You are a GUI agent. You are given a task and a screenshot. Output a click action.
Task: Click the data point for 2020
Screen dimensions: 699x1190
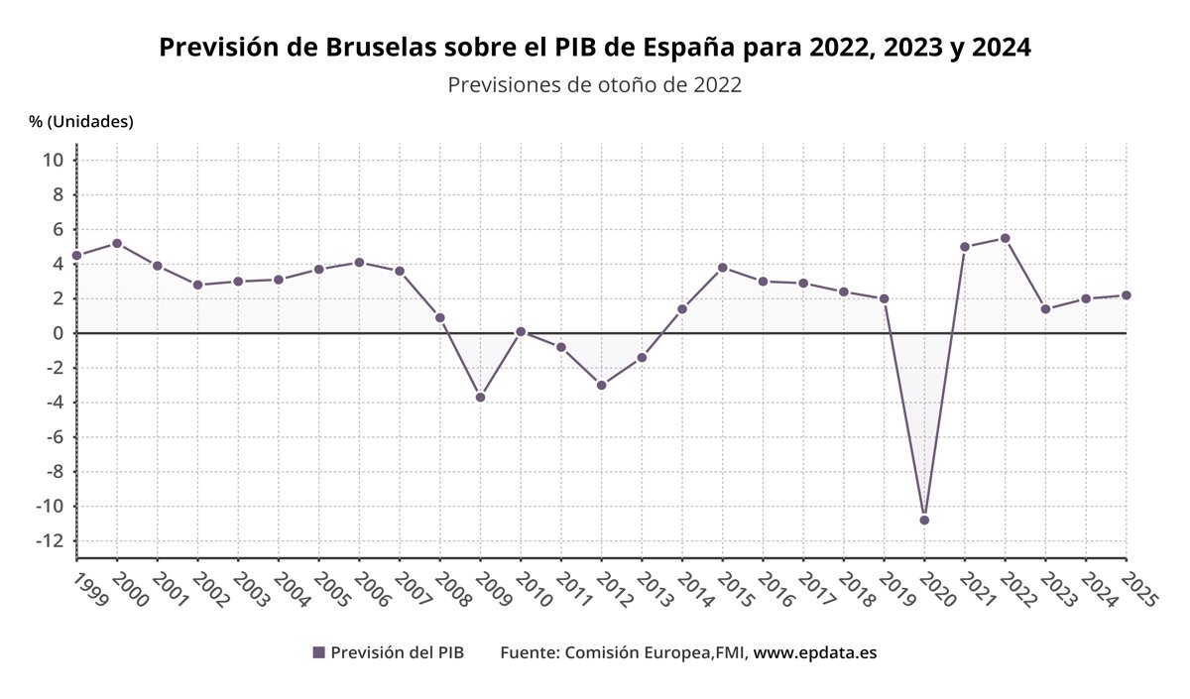(924, 520)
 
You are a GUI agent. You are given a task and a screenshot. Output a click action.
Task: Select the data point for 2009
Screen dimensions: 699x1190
(480, 397)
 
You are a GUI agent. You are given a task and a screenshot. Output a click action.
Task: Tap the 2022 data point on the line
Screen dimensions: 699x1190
(1005, 238)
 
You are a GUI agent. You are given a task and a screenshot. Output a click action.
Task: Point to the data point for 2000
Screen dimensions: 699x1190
(117, 243)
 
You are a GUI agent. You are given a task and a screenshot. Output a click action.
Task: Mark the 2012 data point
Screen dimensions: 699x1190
(601, 385)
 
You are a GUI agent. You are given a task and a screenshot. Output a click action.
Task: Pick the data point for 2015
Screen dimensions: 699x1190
(722, 268)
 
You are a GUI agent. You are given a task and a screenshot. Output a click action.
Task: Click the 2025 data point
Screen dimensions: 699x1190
(1126, 295)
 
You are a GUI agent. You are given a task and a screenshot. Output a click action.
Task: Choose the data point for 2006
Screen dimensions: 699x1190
(359, 263)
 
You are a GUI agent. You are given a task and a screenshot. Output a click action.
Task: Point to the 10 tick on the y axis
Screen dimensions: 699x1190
(54, 160)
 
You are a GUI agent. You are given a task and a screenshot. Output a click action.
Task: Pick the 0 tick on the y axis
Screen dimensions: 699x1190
(59, 333)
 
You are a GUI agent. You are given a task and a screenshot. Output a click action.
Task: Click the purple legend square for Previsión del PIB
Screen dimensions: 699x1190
(318, 652)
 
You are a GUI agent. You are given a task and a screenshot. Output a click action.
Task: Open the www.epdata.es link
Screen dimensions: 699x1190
(815, 652)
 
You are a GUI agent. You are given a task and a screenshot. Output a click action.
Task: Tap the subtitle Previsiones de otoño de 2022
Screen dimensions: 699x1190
(594, 85)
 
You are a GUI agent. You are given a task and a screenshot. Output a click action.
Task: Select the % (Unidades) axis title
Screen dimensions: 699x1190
(81, 121)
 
